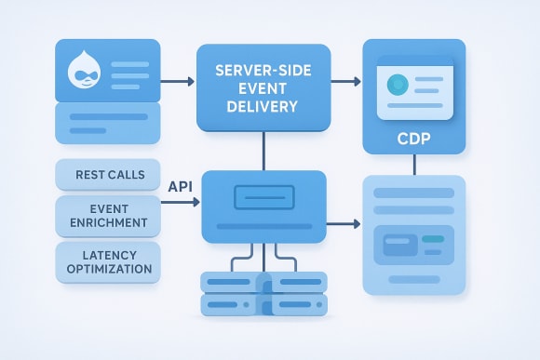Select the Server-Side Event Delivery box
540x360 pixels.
point(263,87)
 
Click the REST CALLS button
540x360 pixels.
point(107,173)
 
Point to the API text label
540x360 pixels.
point(180,186)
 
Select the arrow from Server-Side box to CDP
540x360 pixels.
point(346,81)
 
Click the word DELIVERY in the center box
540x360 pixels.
point(263,107)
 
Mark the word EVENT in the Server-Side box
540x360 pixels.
point(263,89)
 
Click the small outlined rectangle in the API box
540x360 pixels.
point(263,196)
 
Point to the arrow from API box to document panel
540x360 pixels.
point(343,224)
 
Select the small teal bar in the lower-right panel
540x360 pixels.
point(433,239)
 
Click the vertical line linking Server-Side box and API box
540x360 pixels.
point(263,151)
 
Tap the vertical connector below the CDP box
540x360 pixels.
point(413,164)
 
